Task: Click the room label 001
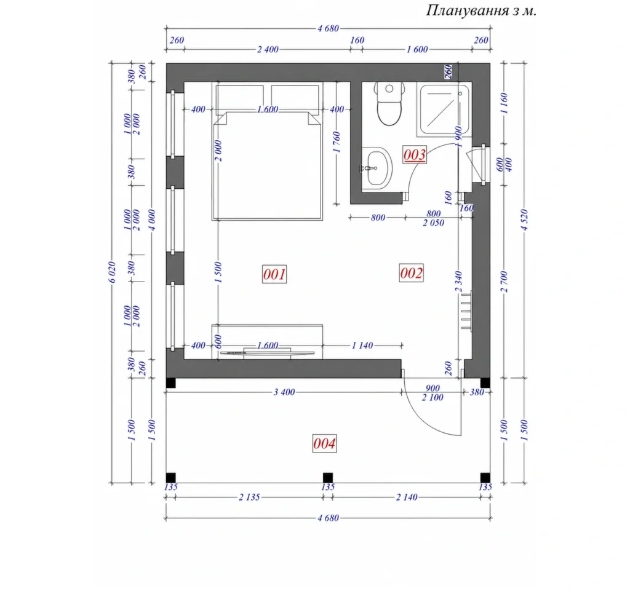coord(274,274)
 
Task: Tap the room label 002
coord(411,273)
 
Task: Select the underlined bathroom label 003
coord(414,154)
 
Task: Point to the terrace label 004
coord(324,443)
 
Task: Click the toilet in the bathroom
coord(389,103)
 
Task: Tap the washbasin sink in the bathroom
coord(377,168)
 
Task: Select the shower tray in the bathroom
coord(444,109)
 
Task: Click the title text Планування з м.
coord(481,10)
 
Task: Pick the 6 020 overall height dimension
coord(113,272)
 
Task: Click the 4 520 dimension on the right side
coord(524,220)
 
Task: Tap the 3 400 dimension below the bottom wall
coord(284,392)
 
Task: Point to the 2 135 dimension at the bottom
coord(249,497)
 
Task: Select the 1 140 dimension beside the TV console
coord(362,346)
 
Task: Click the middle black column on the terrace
coord(328,478)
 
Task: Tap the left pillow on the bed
coord(239,97)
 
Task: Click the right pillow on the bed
coord(295,97)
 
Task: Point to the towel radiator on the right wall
coord(466,312)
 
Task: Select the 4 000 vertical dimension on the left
coord(152,220)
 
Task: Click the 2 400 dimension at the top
coord(268,49)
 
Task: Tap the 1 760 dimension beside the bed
coord(337,142)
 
